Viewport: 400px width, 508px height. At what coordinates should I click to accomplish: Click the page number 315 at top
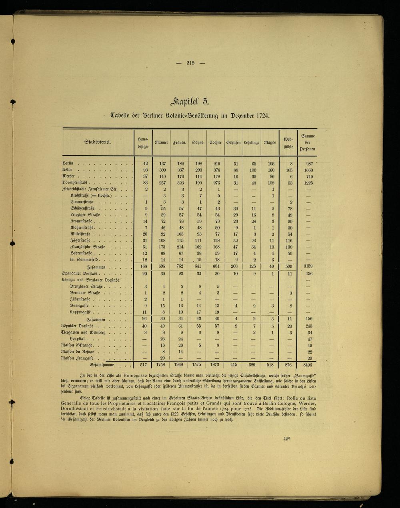click(x=190, y=62)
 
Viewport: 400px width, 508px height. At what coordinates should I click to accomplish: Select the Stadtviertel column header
click(x=98, y=142)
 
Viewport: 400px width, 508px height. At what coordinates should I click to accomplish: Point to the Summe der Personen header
click(x=308, y=142)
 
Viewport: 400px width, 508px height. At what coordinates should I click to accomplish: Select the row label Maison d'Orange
click(x=78, y=345)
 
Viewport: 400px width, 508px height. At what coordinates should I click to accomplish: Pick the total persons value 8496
click(x=307, y=365)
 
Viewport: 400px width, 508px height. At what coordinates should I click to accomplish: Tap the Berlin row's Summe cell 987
click(x=308, y=164)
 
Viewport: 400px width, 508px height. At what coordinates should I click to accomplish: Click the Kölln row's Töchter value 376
click(x=217, y=170)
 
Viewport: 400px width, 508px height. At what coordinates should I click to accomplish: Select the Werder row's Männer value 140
click(x=162, y=176)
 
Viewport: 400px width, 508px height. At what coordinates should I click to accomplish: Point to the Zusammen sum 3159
click(x=308, y=266)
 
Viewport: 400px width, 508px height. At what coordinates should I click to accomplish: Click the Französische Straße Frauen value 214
click(x=180, y=247)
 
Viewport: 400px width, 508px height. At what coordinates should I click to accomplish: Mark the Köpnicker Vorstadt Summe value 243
click(x=308, y=326)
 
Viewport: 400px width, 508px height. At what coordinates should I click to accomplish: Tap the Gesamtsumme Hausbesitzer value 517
click(x=144, y=365)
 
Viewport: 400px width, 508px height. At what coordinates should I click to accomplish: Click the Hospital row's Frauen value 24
click(x=180, y=338)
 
